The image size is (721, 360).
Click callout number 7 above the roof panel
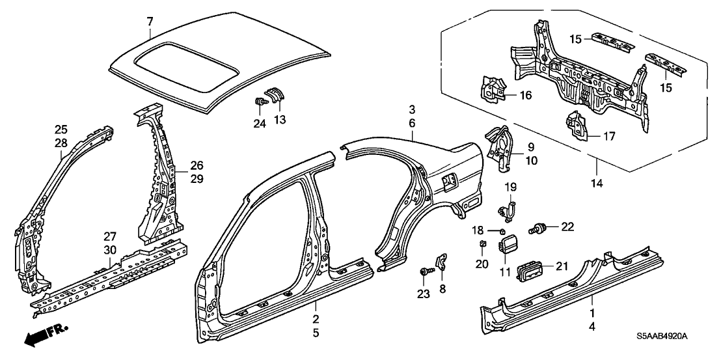pyautogui.click(x=150, y=22)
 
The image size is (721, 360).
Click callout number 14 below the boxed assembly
pyautogui.click(x=597, y=184)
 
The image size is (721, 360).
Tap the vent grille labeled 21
pyautogui.click(x=528, y=271)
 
